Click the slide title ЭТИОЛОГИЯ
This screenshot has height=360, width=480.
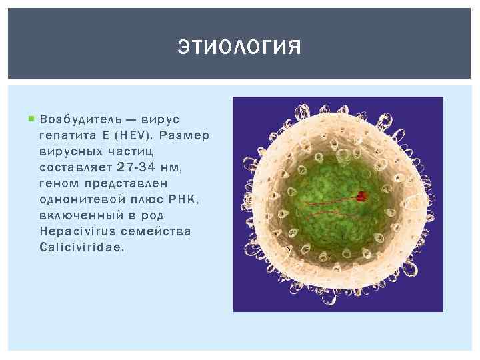(x=239, y=48)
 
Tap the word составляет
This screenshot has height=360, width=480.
(x=75, y=167)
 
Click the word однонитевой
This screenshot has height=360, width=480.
(x=80, y=199)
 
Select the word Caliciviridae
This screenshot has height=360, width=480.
(x=81, y=247)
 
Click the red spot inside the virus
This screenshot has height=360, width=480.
(x=361, y=196)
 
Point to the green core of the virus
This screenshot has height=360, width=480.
(x=327, y=200)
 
